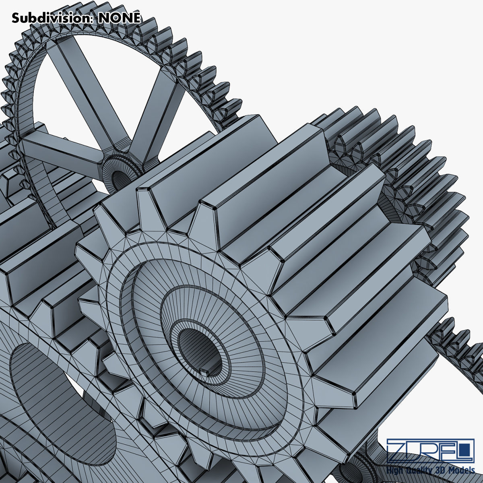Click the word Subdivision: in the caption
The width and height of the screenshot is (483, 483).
(53, 18)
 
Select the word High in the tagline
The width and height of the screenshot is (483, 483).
(395, 470)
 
